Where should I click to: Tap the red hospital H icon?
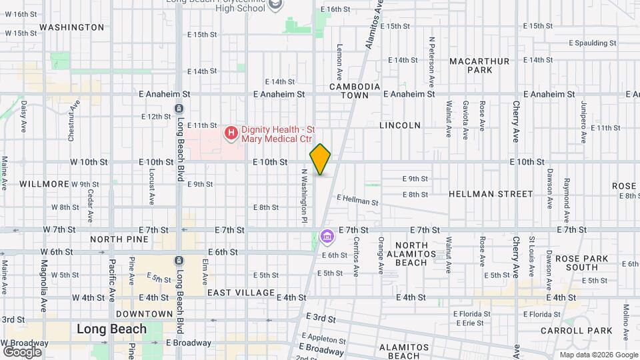(x=231, y=133)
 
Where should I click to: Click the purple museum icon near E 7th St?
(x=327, y=236)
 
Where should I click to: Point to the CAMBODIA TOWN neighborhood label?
(x=355, y=91)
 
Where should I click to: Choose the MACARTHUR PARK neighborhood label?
(x=479, y=65)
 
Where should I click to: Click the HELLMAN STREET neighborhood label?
(x=491, y=194)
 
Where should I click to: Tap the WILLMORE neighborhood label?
(x=44, y=183)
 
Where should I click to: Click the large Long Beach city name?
(x=111, y=329)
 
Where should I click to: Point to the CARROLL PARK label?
(x=585, y=331)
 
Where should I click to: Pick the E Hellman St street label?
(x=357, y=199)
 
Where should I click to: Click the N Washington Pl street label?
(x=303, y=195)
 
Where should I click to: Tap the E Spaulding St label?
(x=593, y=43)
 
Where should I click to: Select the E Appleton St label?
(x=325, y=337)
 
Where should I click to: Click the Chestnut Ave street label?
(x=71, y=120)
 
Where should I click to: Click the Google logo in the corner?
(x=22, y=351)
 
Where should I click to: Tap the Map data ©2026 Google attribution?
(x=598, y=355)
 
